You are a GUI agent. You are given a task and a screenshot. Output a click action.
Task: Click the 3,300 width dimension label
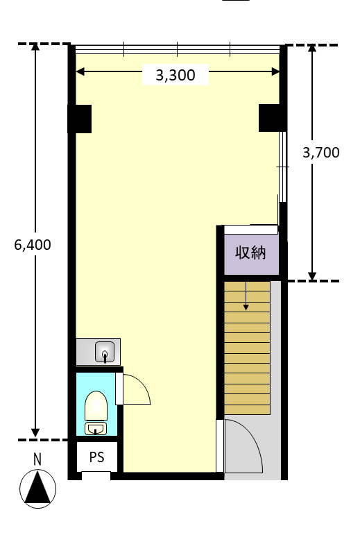175,75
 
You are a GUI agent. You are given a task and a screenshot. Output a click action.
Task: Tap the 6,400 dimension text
33,245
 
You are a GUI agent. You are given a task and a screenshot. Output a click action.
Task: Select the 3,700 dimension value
321,153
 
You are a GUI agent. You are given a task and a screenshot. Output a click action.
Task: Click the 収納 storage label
250,253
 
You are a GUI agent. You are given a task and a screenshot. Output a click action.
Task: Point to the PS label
97,457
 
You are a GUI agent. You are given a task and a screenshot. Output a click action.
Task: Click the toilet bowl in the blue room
96,406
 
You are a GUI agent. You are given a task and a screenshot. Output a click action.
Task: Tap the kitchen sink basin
105,352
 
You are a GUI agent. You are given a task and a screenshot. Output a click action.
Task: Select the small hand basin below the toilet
96,428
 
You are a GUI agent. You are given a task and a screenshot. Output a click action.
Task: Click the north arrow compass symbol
37,489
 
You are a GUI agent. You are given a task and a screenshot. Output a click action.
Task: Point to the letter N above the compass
37,459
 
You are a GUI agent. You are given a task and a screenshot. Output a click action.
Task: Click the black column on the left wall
80,119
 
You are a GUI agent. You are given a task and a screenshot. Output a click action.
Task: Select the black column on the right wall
272,118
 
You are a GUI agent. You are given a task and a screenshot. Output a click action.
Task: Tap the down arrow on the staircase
246,296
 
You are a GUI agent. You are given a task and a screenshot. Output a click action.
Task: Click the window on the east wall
283,167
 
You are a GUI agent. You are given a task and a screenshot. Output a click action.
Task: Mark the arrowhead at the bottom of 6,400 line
35,432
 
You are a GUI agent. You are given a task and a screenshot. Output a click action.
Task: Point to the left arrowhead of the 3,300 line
80,71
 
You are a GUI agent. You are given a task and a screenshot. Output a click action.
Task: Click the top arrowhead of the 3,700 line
312,48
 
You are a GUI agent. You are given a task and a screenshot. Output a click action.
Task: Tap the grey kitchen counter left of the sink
86,352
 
